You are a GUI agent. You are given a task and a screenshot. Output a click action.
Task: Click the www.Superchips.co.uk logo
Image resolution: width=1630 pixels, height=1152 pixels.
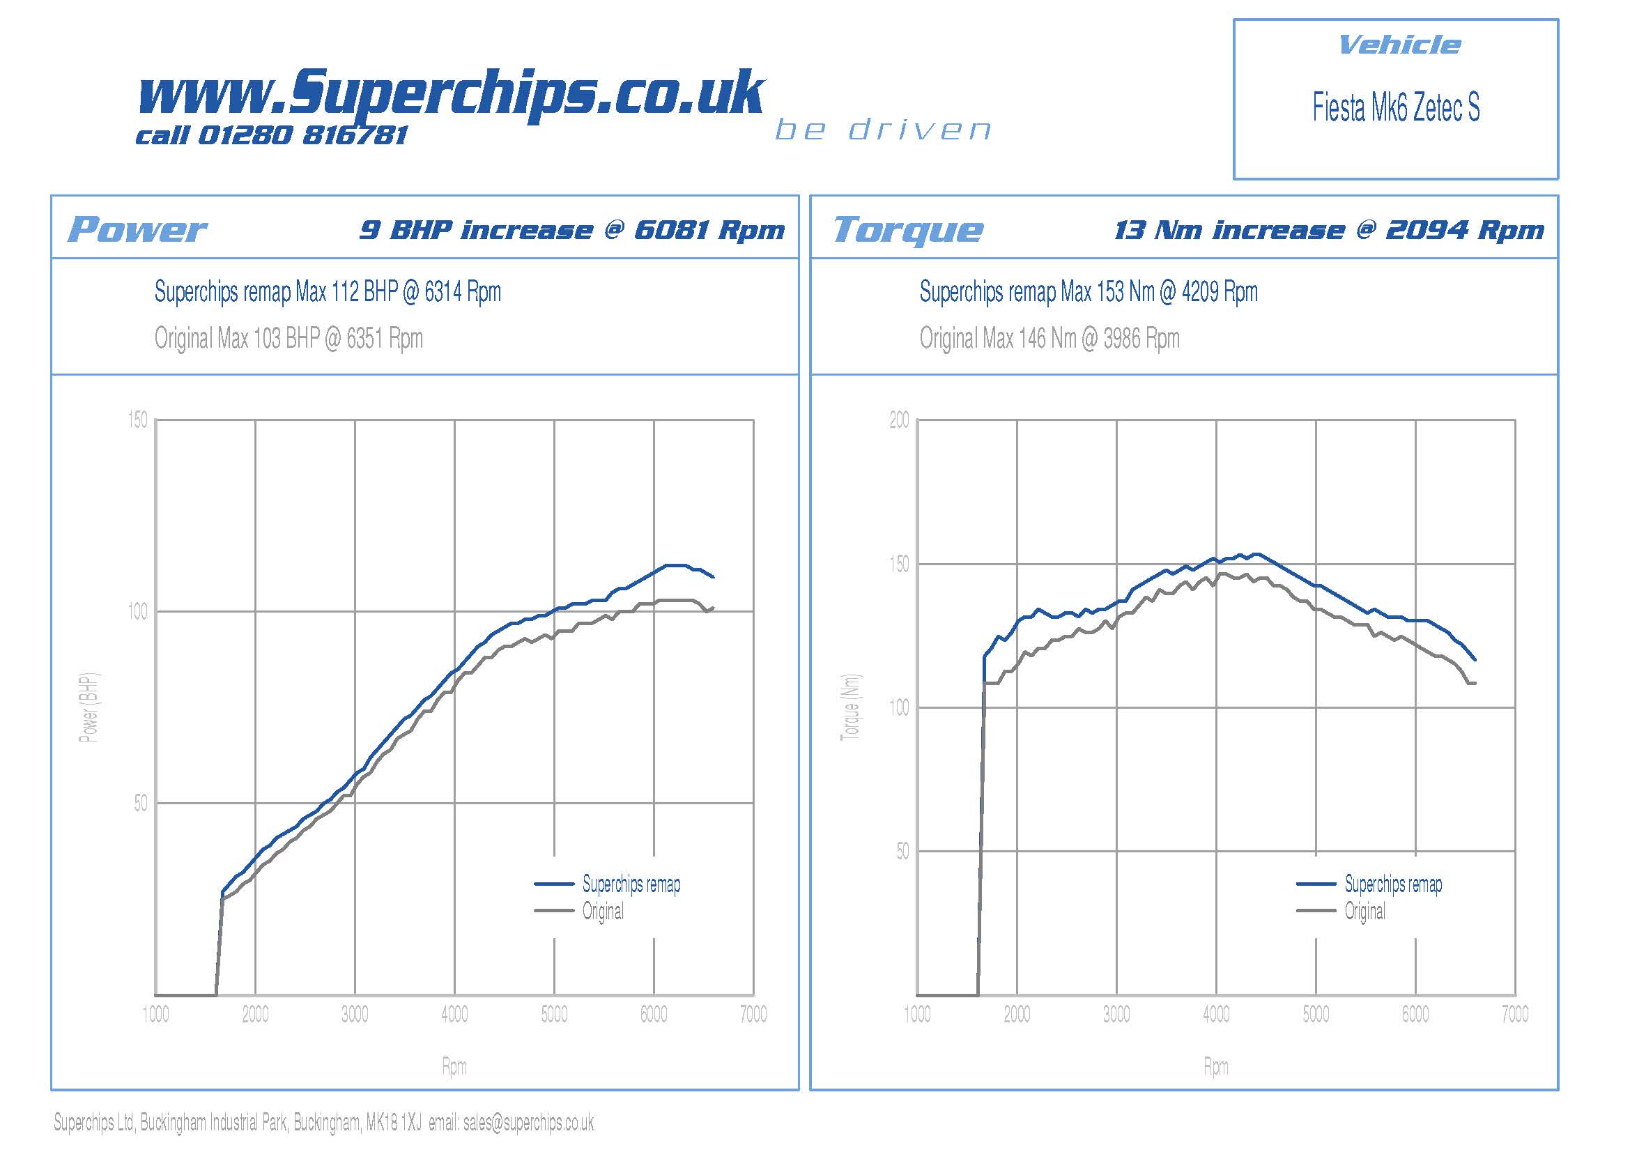(452, 92)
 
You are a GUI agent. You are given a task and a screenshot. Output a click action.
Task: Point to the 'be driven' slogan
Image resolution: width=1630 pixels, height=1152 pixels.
(883, 130)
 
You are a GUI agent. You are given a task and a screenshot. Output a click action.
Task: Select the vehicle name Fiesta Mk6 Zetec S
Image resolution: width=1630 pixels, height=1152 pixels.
(1396, 107)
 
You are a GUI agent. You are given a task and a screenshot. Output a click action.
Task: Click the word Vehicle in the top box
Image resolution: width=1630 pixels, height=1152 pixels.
(1399, 45)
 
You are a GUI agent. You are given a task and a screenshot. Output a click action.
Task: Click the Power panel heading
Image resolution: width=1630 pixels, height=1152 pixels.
(137, 229)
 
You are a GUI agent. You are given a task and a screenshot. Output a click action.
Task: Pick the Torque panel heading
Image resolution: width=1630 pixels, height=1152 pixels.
(908, 229)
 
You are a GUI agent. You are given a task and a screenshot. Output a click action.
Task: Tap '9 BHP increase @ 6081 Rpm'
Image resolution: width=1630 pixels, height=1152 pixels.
(572, 230)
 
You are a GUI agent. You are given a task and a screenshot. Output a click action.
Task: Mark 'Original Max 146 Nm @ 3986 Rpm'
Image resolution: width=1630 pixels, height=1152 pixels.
(1049, 339)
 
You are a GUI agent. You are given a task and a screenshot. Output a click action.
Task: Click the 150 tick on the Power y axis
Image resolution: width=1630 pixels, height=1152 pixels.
(138, 420)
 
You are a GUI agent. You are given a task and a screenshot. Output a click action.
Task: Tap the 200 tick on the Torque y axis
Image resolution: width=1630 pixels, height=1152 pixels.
(899, 420)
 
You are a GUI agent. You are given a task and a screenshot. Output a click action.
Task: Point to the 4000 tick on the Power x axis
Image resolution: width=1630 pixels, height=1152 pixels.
(454, 1014)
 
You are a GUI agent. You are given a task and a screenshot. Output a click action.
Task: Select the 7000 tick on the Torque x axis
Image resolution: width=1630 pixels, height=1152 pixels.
(1514, 1014)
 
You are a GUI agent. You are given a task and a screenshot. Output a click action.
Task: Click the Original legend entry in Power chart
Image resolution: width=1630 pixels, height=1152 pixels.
(603, 911)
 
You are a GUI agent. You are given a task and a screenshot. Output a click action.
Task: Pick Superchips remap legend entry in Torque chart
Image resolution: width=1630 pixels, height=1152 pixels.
(1393, 884)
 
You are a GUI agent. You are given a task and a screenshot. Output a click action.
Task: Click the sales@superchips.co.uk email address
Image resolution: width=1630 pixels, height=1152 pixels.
(528, 1122)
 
